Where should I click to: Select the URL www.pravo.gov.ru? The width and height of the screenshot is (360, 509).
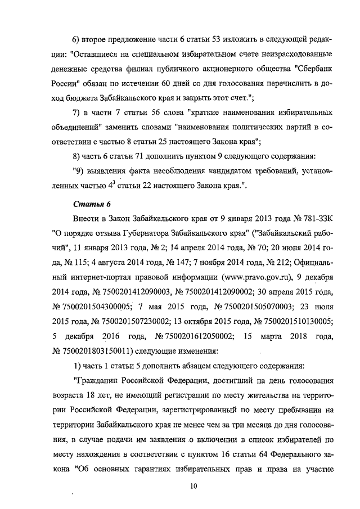[x=256, y=277]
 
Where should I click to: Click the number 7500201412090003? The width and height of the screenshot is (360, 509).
[x=129, y=291]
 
